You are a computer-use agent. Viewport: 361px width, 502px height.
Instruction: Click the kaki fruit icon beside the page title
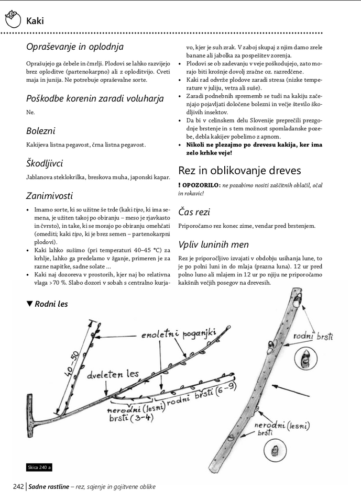12,20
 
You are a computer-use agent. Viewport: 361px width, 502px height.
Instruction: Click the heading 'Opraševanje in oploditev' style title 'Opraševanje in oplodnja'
74,47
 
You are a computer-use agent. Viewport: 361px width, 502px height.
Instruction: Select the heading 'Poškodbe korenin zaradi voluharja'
95,98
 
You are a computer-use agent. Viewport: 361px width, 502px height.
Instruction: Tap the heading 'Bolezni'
40,131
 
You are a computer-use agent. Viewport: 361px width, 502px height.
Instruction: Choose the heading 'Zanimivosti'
49,196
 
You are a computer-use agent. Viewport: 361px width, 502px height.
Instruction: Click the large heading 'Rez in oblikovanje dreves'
239,170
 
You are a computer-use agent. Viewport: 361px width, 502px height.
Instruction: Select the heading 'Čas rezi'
194,211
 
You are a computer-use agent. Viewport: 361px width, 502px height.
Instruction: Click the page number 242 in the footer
18,487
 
